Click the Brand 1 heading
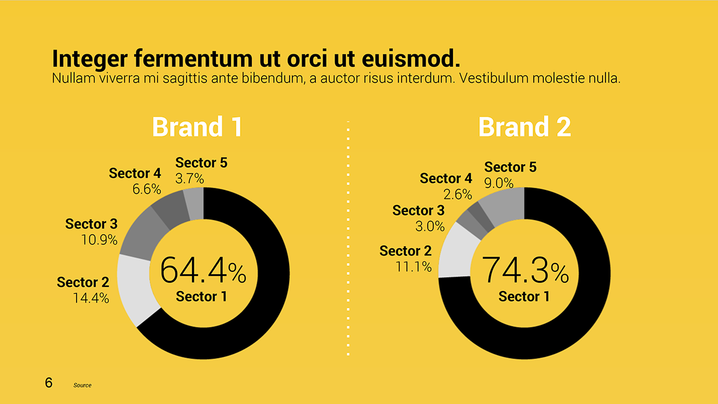[197, 127]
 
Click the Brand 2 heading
[524, 127]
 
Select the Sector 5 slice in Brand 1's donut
[195, 204]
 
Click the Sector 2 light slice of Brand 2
[455, 253]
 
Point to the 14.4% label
[91, 298]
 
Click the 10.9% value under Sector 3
[99, 240]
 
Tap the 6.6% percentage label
[147, 189]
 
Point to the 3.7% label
[190, 179]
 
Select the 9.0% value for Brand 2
[499, 183]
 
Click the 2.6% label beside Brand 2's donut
[458, 194]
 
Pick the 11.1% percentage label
[413, 267]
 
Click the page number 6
[48, 382]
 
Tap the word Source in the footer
[83, 385]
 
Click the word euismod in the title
[411, 59]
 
